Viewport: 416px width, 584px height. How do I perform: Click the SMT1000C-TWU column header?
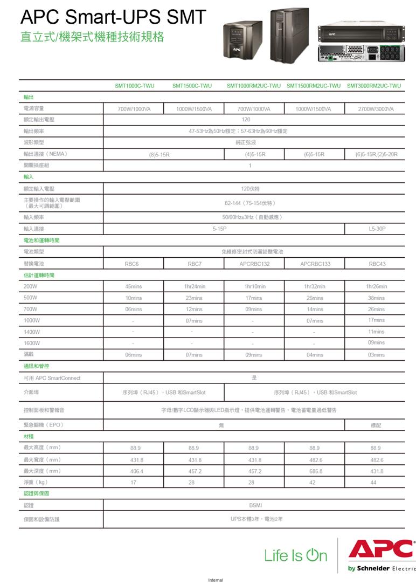[x=134, y=86]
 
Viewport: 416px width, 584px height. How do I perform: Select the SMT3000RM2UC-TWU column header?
[x=374, y=86]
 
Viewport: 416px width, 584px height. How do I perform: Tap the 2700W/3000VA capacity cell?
[x=376, y=109]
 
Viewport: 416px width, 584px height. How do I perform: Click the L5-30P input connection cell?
[x=377, y=229]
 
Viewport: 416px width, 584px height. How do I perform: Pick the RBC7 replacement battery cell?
[x=194, y=264]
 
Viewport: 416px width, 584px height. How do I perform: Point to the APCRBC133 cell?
[x=315, y=264]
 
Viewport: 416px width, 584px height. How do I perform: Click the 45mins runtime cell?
[x=133, y=286]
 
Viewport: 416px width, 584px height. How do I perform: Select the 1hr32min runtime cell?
[x=315, y=286]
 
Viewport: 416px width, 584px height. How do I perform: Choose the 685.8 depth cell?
[x=315, y=471]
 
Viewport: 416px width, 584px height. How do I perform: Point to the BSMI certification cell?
[x=255, y=505]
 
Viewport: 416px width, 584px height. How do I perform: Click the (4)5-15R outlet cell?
[x=255, y=154]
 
